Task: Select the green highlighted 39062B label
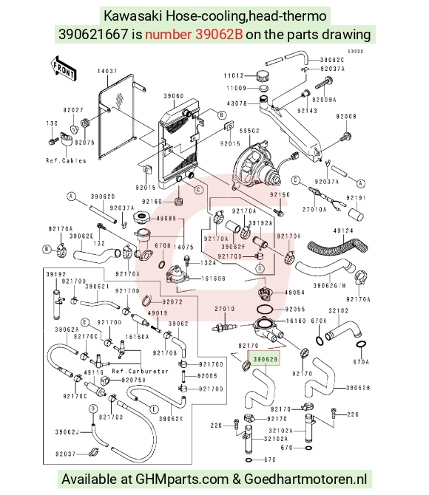click(265, 359)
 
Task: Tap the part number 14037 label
click(107, 71)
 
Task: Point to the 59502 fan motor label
click(249, 130)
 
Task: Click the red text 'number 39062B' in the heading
click(194, 34)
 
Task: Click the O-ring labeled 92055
click(268, 309)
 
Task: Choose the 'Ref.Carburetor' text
click(141, 371)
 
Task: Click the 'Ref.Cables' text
click(66, 160)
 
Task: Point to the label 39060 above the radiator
click(174, 95)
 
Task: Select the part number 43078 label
click(237, 103)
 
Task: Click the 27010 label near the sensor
click(225, 309)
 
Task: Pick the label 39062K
click(171, 419)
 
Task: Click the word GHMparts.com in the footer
click(182, 479)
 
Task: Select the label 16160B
click(214, 279)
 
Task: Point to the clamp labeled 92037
click(93, 452)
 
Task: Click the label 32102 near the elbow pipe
click(339, 310)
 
